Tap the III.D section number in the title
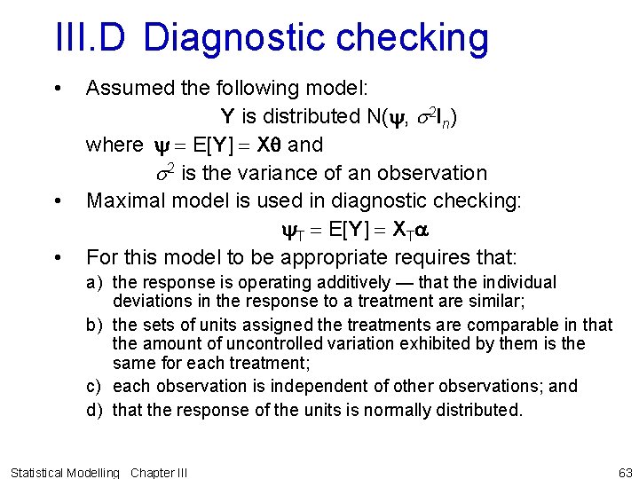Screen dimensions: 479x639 [x=91, y=38]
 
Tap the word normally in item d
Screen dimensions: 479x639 [x=385, y=411]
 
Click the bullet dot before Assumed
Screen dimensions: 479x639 [x=57, y=88]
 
